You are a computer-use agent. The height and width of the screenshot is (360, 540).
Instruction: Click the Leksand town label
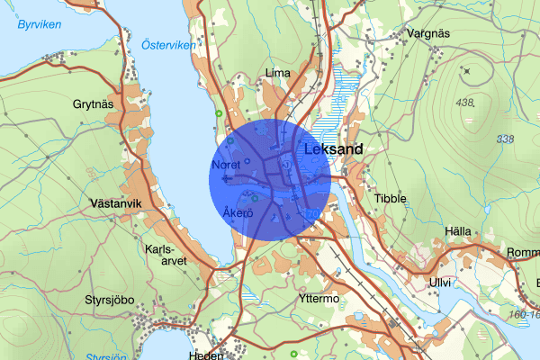point(333,150)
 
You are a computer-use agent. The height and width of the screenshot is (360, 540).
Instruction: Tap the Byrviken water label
point(37,25)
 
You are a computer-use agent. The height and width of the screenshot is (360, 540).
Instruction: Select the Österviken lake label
point(168,43)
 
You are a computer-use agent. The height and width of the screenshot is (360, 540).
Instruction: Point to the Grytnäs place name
point(93,103)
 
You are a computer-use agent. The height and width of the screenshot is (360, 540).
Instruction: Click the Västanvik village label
point(117,204)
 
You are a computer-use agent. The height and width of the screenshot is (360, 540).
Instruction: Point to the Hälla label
point(457,231)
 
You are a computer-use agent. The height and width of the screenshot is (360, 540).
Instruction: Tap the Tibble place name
point(391,198)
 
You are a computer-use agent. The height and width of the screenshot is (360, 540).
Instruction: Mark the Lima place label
point(276,73)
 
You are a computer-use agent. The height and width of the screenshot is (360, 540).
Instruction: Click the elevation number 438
point(464,103)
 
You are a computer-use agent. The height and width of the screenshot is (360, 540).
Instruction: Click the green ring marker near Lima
point(219,113)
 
